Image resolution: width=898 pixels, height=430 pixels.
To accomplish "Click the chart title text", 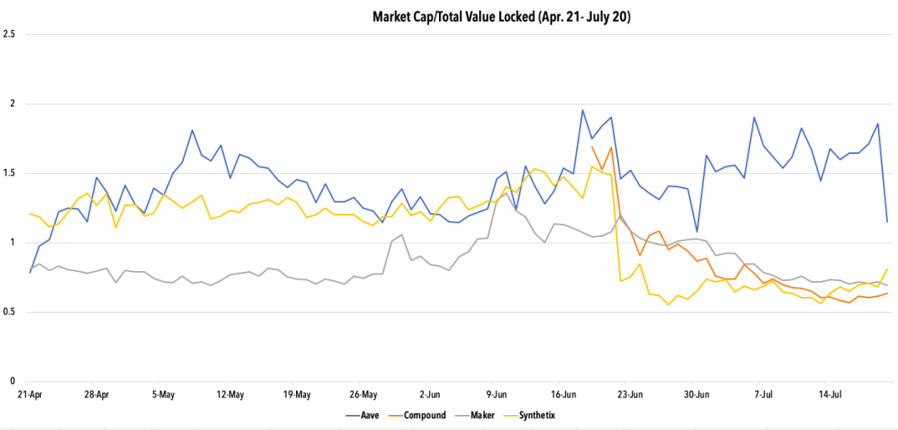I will [x=501, y=16].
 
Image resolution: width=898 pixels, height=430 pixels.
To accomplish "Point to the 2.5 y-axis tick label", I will [x=10, y=35].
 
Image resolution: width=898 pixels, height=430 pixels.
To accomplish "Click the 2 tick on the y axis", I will [x=10, y=104].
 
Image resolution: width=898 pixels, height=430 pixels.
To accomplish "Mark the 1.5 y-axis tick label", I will [x=10, y=173].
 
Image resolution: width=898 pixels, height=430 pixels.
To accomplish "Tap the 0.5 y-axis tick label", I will [x=10, y=312].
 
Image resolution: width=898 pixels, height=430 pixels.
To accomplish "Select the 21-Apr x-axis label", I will [x=30, y=394].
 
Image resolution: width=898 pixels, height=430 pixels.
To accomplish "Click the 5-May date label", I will [x=163, y=394].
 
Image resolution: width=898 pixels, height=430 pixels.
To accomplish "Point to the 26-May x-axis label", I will [x=363, y=394].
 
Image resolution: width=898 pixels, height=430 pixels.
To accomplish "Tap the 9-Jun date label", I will [x=496, y=394].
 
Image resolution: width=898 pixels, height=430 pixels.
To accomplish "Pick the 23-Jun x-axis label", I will [x=630, y=394].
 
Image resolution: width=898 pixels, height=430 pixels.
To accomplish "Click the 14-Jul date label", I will [x=831, y=394].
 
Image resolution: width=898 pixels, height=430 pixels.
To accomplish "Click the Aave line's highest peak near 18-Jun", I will [x=583, y=110].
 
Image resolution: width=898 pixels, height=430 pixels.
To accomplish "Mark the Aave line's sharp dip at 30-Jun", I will [x=697, y=231].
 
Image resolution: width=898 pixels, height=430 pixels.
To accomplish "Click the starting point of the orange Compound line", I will [x=592, y=146].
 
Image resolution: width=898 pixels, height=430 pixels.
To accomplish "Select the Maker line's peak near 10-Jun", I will [x=506, y=194].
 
